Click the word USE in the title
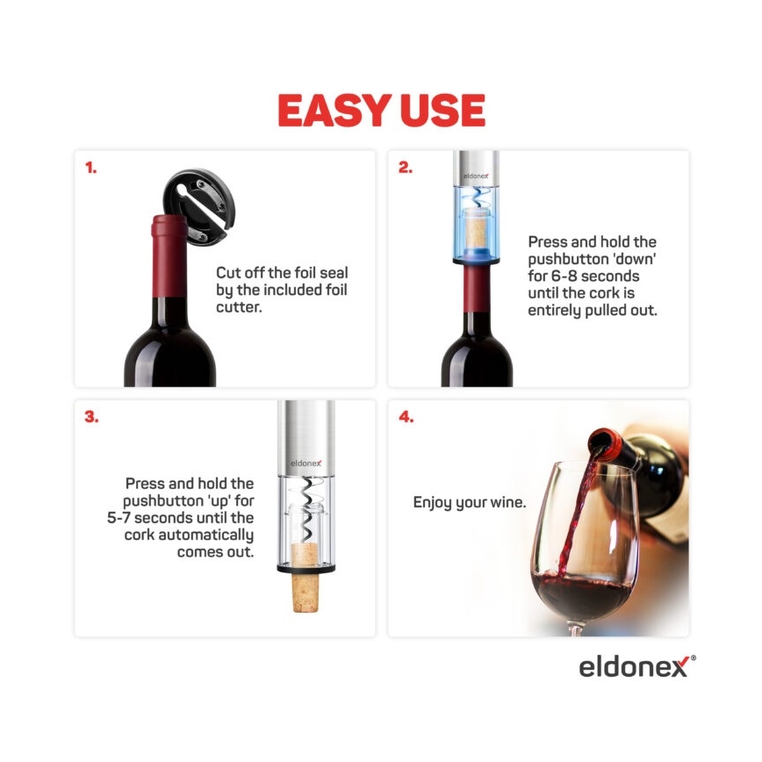[441, 111]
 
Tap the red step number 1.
[90, 168]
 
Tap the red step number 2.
[405, 168]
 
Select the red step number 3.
[91, 417]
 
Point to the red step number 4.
[406, 417]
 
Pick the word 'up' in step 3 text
[204, 501]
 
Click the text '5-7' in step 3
[112, 518]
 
